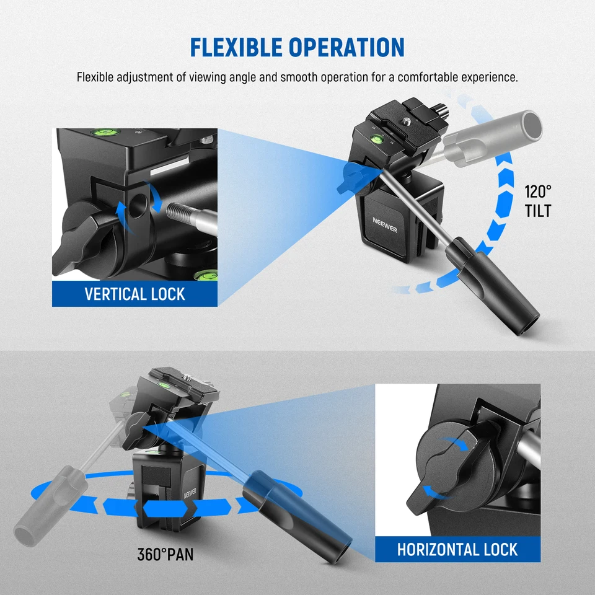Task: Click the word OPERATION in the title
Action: pos(346,48)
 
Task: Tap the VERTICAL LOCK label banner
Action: pos(134,294)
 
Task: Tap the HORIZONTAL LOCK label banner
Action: pos(457,549)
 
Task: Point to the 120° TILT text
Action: pos(538,201)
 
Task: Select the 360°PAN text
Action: pos(165,554)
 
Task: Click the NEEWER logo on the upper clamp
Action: pos(385,224)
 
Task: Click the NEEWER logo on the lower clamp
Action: pos(190,493)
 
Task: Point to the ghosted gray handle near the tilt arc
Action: pos(493,138)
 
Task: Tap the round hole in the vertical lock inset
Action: pos(138,206)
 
